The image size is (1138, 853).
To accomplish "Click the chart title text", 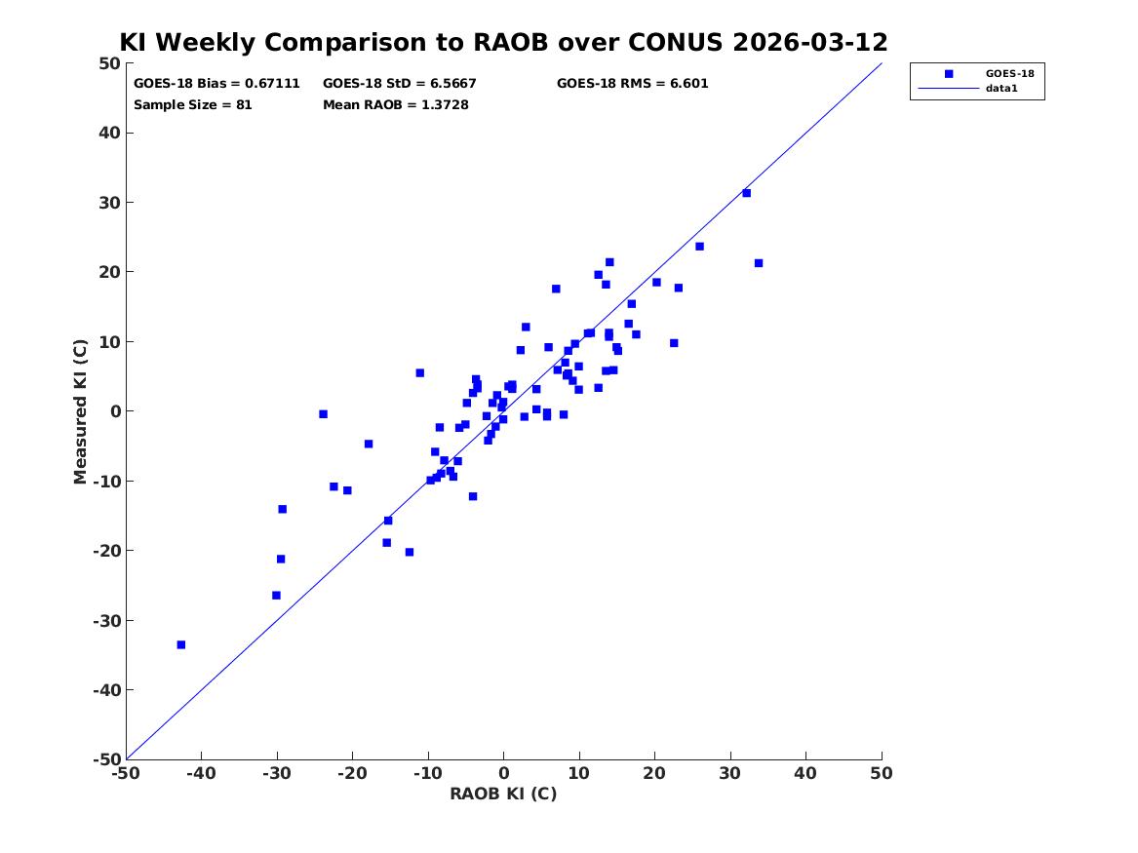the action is [504, 42].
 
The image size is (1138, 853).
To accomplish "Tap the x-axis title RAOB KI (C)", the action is [504, 794].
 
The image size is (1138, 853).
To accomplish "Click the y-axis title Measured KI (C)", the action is [80, 411].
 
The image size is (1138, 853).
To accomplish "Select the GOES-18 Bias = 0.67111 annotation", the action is [216, 84].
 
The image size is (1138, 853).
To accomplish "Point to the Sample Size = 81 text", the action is [192, 104].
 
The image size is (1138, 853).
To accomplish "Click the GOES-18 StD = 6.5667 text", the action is [399, 84].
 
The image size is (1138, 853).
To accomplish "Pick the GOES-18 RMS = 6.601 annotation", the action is [632, 84].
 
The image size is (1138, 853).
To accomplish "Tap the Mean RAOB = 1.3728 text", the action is [396, 104].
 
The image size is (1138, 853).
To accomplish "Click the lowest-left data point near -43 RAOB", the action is [181, 644].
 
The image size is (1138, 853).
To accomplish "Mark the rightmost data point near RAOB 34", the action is [759, 263].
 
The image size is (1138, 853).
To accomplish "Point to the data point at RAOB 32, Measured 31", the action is [746, 193].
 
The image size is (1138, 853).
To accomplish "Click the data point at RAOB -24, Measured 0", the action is [323, 414].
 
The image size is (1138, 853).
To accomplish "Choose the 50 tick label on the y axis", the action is [109, 63].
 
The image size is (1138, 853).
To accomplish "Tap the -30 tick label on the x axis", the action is [277, 773].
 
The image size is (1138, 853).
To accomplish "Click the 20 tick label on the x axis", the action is [654, 773].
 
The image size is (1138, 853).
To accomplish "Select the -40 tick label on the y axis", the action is [106, 690].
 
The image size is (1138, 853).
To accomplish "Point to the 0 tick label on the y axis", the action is [115, 411].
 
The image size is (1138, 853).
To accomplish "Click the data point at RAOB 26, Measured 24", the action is [699, 247].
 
